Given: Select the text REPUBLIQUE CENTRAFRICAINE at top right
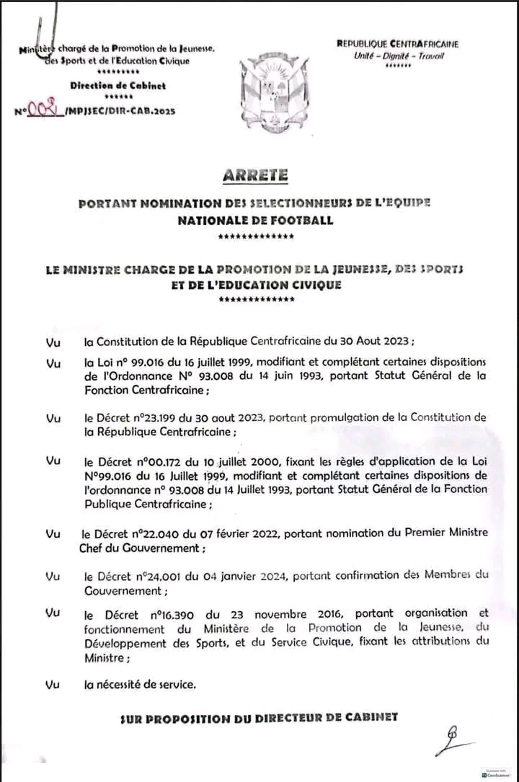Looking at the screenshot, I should [x=397, y=44].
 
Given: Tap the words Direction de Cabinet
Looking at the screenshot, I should [x=117, y=86].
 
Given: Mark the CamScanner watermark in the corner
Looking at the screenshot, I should [x=495, y=770].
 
